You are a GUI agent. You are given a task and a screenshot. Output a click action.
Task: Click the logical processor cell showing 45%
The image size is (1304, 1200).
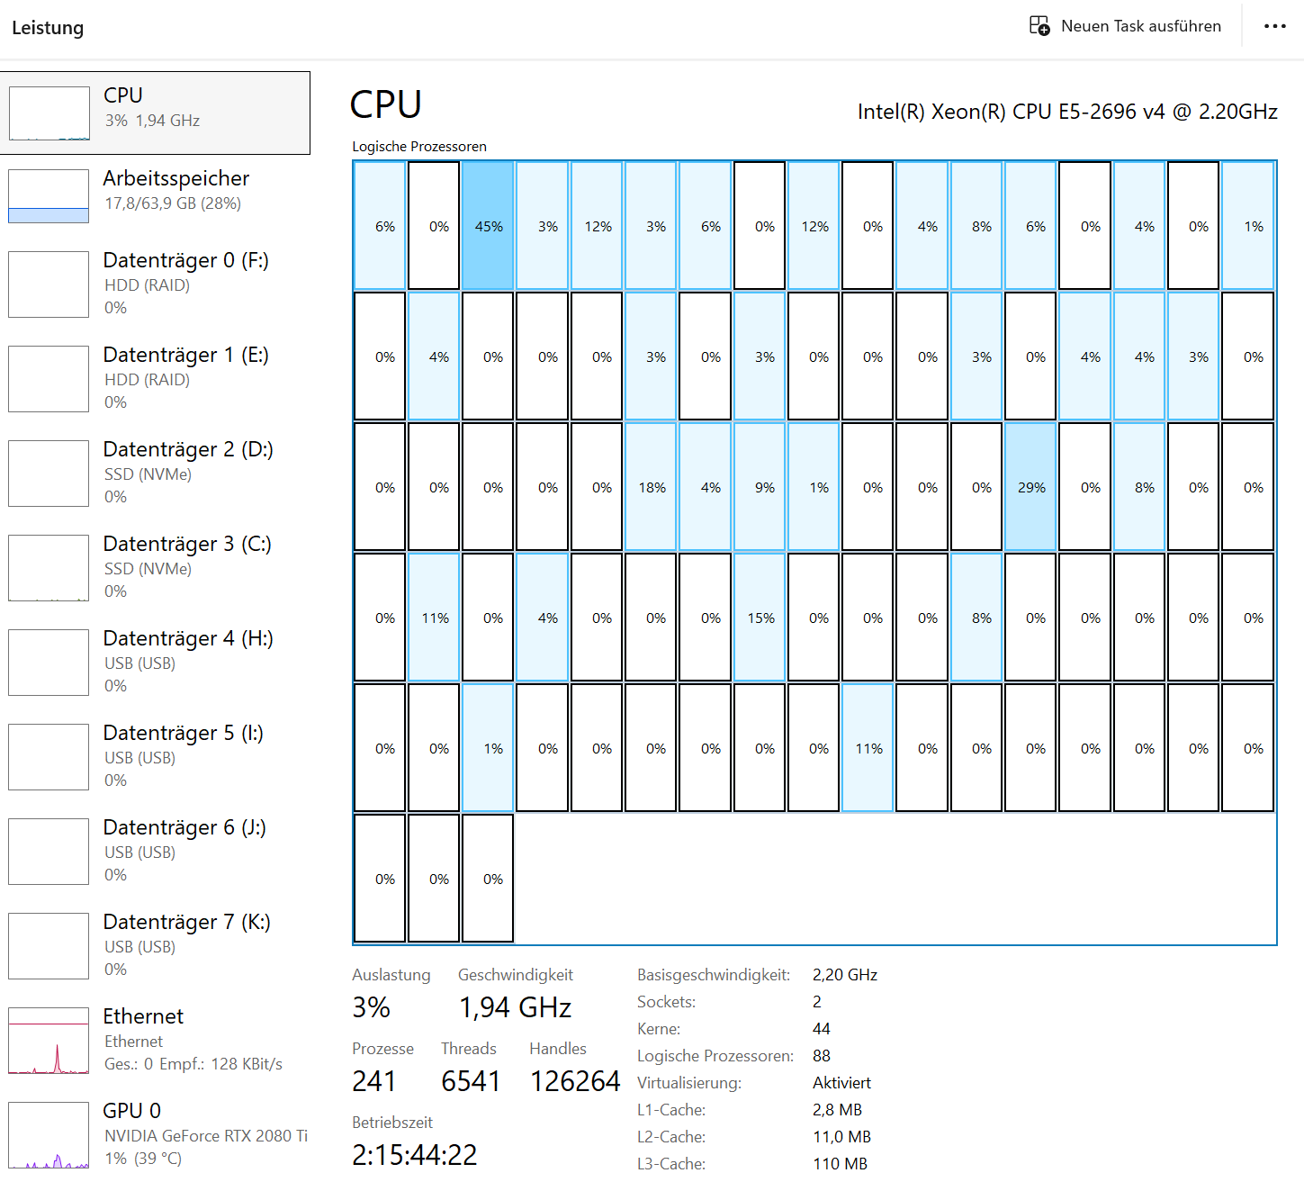click(488, 225)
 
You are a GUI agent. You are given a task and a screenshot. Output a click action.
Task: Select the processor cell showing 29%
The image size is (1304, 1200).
click(1030, 486)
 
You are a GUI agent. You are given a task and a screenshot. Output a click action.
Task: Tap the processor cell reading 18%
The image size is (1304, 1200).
click(651, 486)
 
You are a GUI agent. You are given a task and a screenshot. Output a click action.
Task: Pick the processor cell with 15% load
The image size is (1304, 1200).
click(760, 618)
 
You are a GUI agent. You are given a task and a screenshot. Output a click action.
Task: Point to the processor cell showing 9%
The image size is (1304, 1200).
click(760, 486)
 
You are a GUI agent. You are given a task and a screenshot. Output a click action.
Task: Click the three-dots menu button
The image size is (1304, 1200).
click(1274, 26)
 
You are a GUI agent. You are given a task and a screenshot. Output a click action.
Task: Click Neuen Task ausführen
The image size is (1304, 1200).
click(1125, 26)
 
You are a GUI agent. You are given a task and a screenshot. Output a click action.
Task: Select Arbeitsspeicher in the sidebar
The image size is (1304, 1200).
click(156, 195)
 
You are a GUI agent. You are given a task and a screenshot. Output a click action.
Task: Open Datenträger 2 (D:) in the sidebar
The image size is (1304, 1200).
click(156, 473)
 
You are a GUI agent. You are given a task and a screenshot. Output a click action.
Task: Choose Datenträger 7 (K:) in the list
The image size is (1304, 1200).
click(156, 945)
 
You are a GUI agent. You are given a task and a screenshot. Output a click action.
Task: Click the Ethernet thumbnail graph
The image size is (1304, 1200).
click(49, 1040)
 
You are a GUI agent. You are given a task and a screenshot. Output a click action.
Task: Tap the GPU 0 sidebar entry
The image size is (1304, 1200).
click(156, 1133)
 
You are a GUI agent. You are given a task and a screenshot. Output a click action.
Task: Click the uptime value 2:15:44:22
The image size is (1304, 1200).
click(414, 1155)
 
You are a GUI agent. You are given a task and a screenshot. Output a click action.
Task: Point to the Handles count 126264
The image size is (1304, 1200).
click(575, 1082)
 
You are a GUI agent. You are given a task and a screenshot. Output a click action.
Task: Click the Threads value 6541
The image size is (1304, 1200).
click(471, 1082)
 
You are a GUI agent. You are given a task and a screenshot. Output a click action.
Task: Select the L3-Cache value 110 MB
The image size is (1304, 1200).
click(840, 1164)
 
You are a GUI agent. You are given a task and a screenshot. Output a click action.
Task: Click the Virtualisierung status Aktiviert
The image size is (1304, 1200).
click(841, 1083)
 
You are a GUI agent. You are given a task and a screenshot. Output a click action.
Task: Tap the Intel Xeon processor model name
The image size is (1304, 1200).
click(1067, 112)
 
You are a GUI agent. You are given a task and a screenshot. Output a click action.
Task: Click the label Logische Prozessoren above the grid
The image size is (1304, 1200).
click(419, 147)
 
